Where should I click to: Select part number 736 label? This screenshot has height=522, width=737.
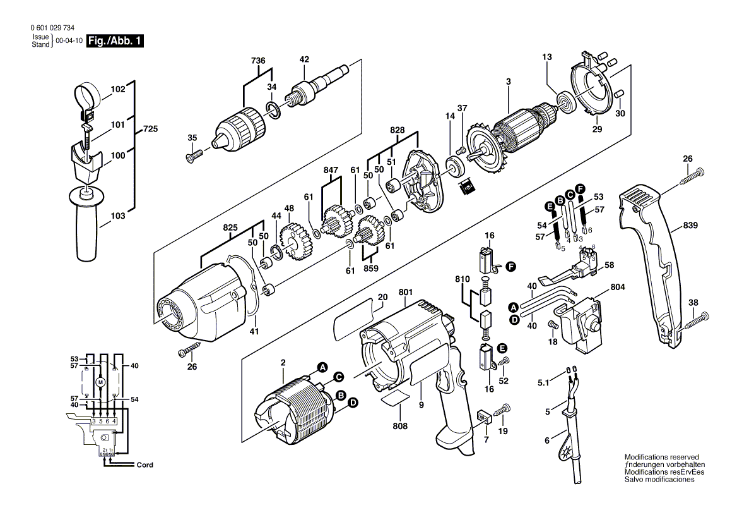[x=258, y=61]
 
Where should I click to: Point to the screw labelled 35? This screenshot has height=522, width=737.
[x=194, y=155]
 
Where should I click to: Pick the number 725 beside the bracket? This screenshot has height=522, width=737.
[x=150, y=129]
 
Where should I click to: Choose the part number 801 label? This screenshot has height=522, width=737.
[x=405, y=292]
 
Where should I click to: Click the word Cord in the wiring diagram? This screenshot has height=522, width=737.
[x=144, y=465]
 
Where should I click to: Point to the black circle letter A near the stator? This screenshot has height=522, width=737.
[x=322, y=367]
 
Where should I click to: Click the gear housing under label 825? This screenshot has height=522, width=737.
[x=202, y=303]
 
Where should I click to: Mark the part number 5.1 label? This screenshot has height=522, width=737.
[x=543, y=382]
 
